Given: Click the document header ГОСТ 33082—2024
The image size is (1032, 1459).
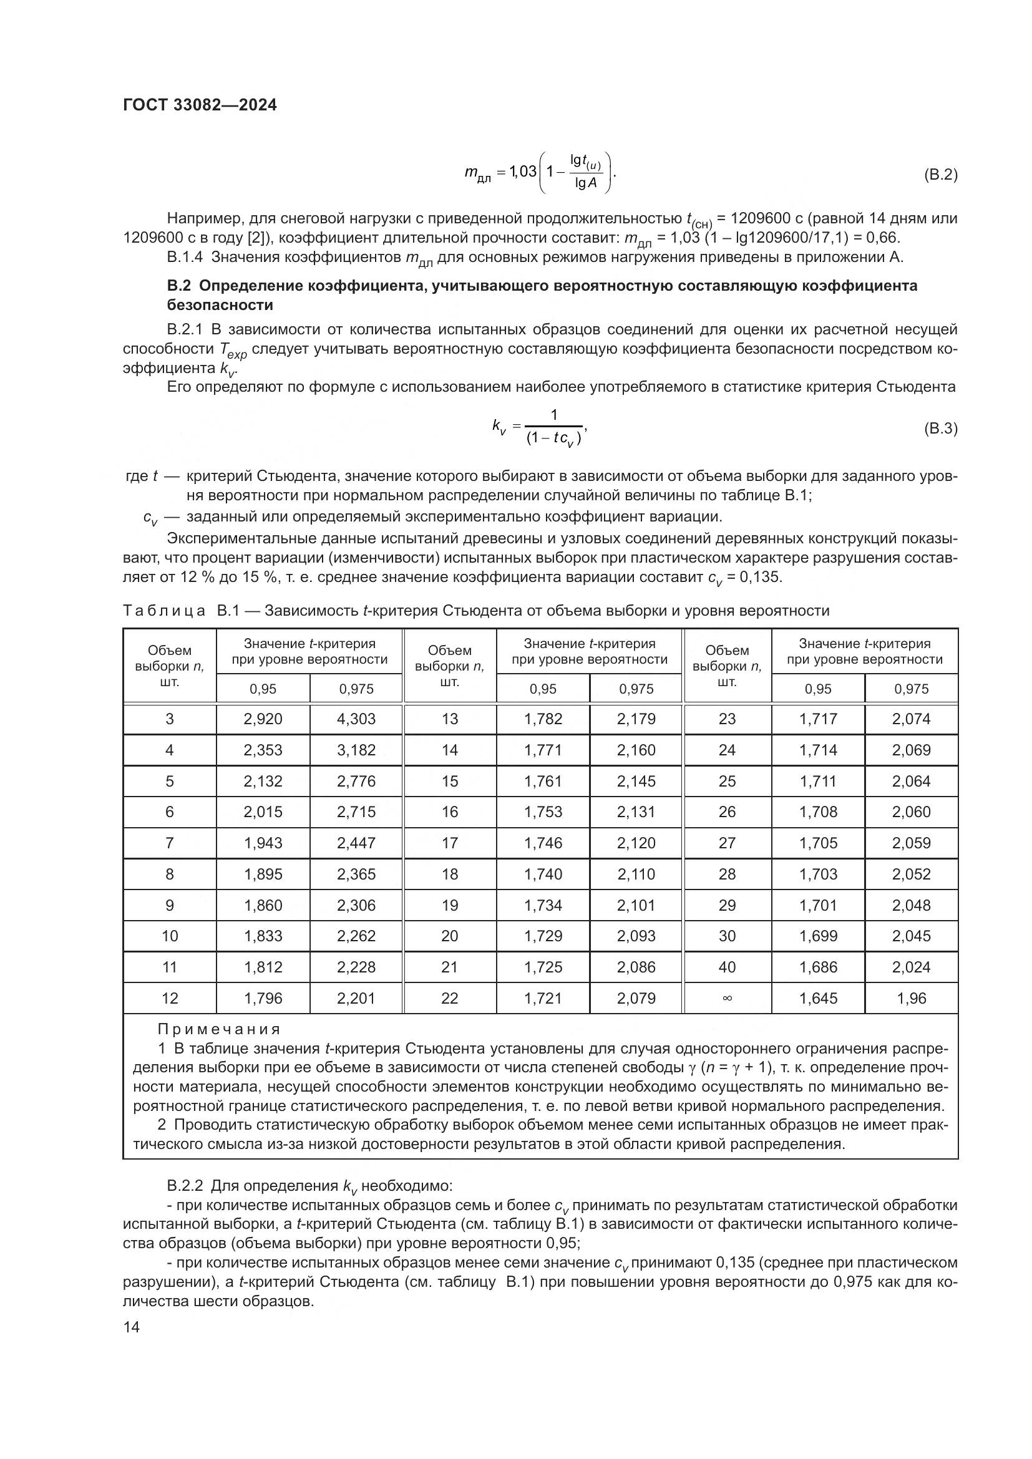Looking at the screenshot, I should point(200,105).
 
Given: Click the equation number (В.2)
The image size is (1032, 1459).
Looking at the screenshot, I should point(940,175).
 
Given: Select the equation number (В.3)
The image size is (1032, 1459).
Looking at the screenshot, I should point(940,429).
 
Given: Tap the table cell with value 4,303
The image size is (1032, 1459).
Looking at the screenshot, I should point(356,719).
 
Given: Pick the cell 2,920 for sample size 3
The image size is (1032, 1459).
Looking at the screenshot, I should point(263,719).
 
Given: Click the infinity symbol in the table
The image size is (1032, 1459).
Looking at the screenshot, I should point(727,998).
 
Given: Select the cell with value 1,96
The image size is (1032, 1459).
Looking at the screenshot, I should point(910,998).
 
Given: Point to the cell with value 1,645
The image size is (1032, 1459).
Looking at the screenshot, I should point(818,998).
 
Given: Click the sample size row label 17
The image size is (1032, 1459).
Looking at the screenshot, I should point(449,843).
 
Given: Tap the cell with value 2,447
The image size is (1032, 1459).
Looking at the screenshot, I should point(356,843).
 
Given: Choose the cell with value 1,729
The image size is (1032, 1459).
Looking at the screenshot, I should point(543,936).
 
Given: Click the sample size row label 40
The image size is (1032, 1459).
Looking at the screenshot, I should point(727,967).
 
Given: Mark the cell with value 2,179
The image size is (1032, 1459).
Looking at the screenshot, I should point(636,719).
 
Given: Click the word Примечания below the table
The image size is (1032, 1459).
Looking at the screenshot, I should point(218,1029).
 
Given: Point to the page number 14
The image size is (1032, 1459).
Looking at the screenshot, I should point(132,1327).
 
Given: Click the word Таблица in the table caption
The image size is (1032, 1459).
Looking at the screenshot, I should point(164,611).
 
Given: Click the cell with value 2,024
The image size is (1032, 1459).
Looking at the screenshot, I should point(910,967).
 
